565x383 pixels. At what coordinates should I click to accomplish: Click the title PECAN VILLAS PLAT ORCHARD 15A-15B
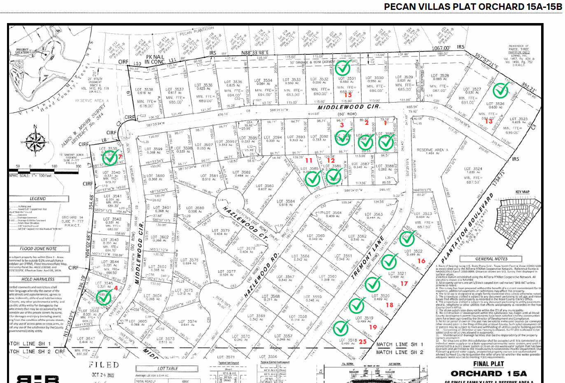(x=473, y=7)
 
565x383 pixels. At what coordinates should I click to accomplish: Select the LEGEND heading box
(x=38, y=199)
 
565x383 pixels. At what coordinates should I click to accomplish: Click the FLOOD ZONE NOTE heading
(x=38, y=249)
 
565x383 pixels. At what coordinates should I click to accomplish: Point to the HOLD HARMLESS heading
(x=38, y=279)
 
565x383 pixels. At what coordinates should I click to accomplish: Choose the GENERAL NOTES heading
(x=491, y=259)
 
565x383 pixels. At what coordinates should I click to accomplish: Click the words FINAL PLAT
(x=488, y=364)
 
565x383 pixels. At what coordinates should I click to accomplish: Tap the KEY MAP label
(x=523, y=192)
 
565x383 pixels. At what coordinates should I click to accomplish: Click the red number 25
(x=362, y=341)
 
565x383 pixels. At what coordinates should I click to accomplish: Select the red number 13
(x=488, y=121)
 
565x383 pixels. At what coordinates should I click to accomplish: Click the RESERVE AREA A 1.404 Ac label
(x=431, y=151)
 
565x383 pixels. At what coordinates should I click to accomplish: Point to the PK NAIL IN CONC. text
(x=155, y=59)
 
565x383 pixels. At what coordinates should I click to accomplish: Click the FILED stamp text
(x=104, y=365)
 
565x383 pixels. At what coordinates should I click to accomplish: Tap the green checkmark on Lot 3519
(x=357, y=305)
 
